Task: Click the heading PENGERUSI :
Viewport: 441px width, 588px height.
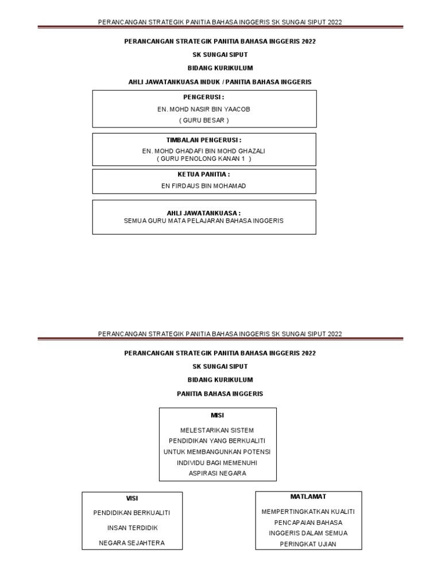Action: (x=204, y=97)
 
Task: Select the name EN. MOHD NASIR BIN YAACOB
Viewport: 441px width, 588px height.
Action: (x=204, y=109)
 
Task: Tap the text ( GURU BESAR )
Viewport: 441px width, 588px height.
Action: (x=204, y=120)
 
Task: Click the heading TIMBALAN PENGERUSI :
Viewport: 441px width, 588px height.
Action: (x=204, y=140)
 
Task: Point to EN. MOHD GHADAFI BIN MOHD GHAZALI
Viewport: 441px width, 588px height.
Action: (x=204, y=151)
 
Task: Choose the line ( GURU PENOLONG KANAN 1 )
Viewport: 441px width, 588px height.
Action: (x=204, y=158)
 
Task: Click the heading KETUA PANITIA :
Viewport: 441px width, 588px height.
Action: (x=204, y=174)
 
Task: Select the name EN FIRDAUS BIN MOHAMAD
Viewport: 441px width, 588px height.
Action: (x=204, y=186)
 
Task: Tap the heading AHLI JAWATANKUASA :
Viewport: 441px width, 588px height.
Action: (x=204, y=213)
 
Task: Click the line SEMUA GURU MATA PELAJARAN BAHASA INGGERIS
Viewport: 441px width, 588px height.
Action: (x=204, y=220)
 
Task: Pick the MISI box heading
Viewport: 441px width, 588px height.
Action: (x=218, y=415)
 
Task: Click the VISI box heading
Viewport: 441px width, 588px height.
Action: (x=132, y=498)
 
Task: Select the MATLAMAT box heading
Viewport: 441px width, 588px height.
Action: (x=308, y=496)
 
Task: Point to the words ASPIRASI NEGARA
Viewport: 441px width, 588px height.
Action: (x=218, y=473)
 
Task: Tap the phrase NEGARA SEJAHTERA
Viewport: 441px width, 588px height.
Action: (x=132, y=543)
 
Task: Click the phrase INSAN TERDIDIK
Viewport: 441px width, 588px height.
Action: (x=132, y=528)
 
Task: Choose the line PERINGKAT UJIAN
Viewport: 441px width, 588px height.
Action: (x=308, y=544)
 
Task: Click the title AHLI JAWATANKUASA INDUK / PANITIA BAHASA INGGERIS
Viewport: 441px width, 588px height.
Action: (x=220, y=82)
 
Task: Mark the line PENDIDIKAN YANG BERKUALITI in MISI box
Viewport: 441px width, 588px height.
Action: (x=218, y=441)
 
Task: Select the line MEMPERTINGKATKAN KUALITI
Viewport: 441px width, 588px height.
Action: (x=308, y=512)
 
